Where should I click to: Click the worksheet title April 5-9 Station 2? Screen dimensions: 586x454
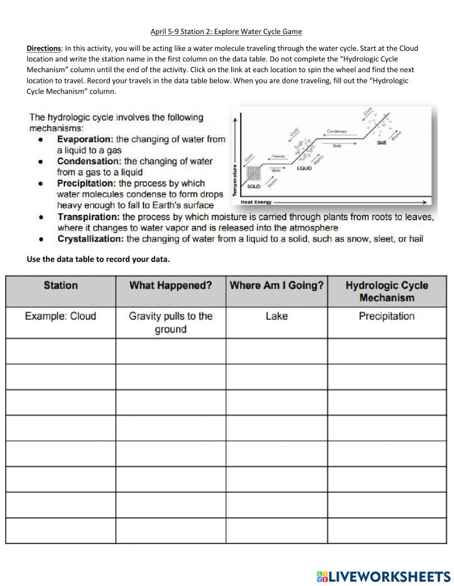point(226,31)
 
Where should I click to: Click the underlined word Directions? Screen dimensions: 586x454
point(44,48)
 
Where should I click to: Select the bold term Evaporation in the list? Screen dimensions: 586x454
point(85,139)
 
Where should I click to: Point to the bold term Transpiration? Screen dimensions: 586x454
point(89,217)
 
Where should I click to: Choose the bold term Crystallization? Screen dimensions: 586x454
point(90,239)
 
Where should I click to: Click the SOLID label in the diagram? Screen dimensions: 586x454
point(254,186)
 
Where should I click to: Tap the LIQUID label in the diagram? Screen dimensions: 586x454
point(304,168)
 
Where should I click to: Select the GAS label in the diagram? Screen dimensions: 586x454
point(381,143)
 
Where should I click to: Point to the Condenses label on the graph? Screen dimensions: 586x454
point(336,132)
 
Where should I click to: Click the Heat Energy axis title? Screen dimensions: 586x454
point(256,202)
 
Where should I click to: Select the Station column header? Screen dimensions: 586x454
point(60,286)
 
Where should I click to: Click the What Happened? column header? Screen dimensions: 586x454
point(171,286)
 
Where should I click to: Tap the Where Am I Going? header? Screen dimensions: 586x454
point(276,286)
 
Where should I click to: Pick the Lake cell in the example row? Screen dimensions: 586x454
point(276,316)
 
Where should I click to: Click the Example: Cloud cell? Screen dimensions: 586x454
point(60,316)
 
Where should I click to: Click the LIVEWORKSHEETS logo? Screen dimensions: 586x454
point(384,576)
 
